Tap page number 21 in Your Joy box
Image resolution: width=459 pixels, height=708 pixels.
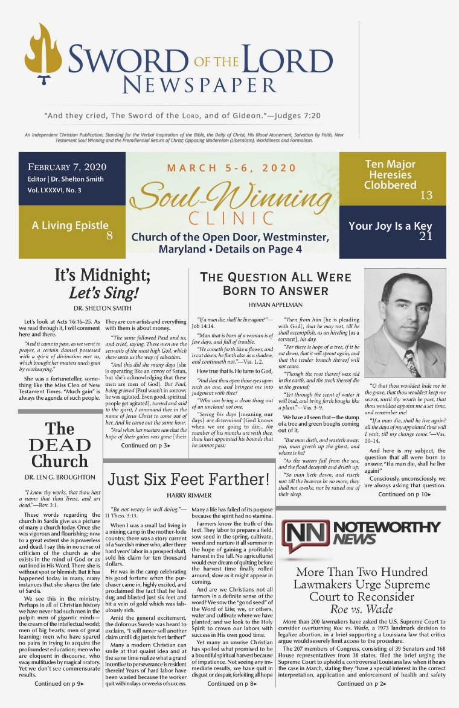[x=426, y=236]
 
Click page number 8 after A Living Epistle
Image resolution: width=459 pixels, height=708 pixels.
[x=110, y=235]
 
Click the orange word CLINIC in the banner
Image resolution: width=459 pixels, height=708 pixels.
[x=232, y=217]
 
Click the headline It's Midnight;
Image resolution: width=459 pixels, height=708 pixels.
[x=103, y=277]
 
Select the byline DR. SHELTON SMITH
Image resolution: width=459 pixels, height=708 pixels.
[x=103, y=309]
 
